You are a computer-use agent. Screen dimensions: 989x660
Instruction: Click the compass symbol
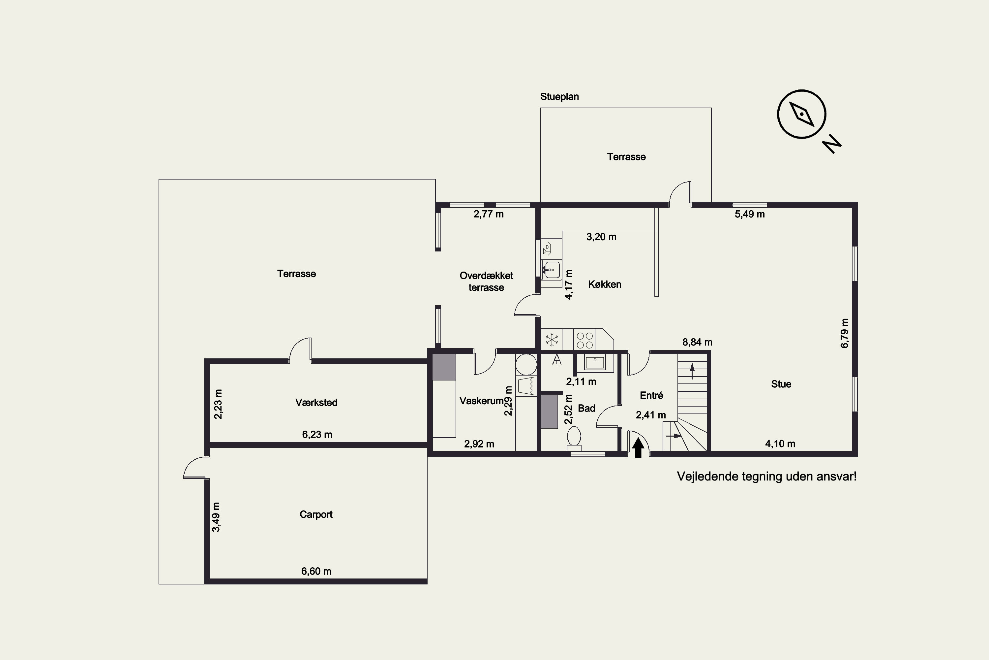pyautogui.click(x=801, y=114)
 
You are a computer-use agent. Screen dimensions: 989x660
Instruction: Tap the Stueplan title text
pyautogui.click(x=559, y=97)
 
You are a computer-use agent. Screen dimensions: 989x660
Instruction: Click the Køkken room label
pyautogui.click(x=604, y=284)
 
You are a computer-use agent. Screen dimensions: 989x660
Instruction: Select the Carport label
pyautogui.click(x=316, y=514)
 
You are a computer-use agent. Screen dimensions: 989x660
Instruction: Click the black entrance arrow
pyautogui.click(x=638, y=447)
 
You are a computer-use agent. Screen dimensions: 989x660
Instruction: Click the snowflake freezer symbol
pyautogui.click(x=551, y=339)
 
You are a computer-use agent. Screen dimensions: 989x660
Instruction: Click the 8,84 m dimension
pyautogui.click(x=697, y=342)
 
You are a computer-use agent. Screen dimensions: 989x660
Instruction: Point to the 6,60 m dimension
pyautogui.click(x=316, y=571)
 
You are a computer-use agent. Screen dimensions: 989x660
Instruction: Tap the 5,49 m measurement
pyautogui.click(x=750, y=214)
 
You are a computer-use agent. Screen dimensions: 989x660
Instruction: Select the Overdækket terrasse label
pyautogui.click(x=487, y=281)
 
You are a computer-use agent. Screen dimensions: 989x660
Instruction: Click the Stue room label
pyautogui.click(x=781, y=384)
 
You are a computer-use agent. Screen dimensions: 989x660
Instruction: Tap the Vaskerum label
pyautogui.click(x=481, y=401)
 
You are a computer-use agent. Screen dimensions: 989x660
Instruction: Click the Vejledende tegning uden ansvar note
pyautogui.click(x=766, y=477)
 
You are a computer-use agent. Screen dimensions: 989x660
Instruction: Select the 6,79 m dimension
pyautogui.click(x=844, y=333)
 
